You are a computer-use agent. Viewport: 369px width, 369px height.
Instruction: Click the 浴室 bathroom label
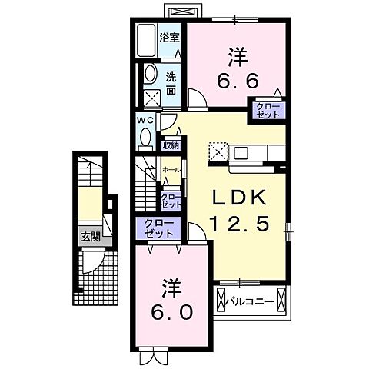click(x=170, y=35)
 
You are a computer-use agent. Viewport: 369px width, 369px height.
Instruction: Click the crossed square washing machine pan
click(x=151, y=98)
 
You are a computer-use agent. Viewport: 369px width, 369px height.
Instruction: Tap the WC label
click(x=146, y=121)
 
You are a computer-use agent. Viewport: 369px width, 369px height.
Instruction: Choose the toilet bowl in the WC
click(x=146, y=137)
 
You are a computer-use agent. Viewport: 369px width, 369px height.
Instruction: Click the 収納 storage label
click(x=171, y=145)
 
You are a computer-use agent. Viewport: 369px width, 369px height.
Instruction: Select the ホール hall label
click(x=171, y=169)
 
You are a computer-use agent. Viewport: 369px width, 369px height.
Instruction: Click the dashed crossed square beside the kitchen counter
click(x=219, y=149)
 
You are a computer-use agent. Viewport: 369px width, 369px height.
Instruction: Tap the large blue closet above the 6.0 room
click(x=158, y=228)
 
